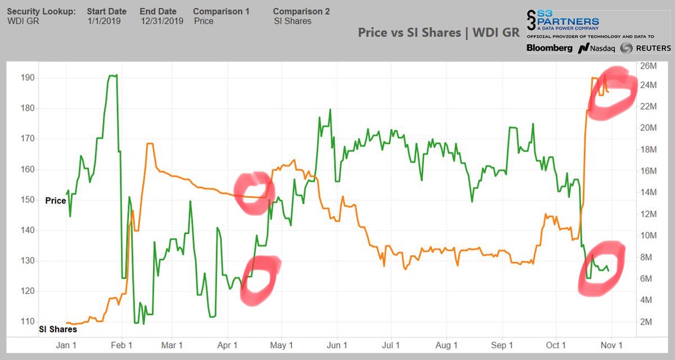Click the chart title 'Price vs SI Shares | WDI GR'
[x=438, y=32]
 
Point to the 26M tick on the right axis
[x=649, y=66]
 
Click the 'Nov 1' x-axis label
[x=611, y=345]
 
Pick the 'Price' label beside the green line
[x=56, y=200]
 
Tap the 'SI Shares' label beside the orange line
[x=58, y=329]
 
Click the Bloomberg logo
[x=550, y=48]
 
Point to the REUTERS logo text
[x=646, y=48]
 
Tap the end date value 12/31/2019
[x=161, y=21]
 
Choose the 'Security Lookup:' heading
[x=41, y=11]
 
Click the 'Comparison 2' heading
[x=301, y=11]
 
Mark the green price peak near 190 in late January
[x=112, y=75]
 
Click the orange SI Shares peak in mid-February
[x=150, y=144]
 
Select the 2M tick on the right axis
[x=647, y=322]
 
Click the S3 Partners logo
[x=562, y=22]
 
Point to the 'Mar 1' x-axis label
[x=172, y=345]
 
